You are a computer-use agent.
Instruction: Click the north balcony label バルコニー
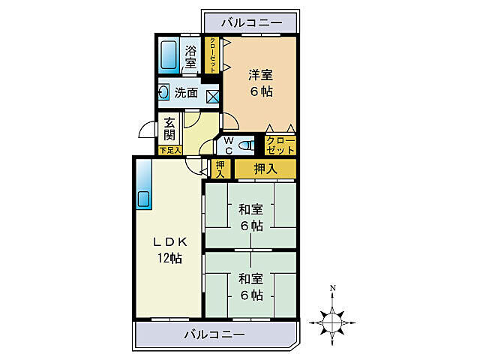point(250,24)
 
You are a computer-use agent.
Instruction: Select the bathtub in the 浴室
point(168,55)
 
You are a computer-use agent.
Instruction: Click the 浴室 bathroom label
point(190,57)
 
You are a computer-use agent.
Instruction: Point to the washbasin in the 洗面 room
point(164,93)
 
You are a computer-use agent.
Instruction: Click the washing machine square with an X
point(212,95)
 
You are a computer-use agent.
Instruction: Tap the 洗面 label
point(187,94)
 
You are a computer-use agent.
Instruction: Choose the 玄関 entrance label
point(170,130)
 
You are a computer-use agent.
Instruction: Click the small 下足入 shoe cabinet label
point(170,150)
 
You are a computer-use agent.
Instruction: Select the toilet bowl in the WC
point(246,145)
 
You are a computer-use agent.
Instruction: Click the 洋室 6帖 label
point(260,82)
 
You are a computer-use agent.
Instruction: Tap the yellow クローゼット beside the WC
point(280,145)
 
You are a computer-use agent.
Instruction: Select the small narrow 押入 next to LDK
point(220,169)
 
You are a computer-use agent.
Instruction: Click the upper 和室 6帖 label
point(251,217)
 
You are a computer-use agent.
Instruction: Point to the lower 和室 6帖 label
point(251,286)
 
